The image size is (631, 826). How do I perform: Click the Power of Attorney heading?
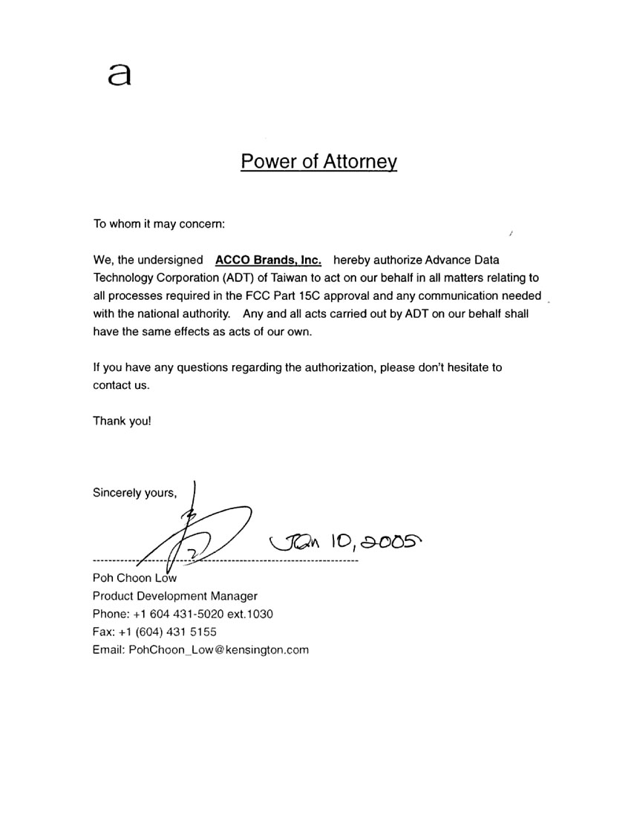[x=318, y=162]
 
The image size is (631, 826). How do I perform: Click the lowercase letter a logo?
[x=120, y=74]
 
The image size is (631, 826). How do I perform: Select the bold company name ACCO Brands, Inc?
[x=268, y=260]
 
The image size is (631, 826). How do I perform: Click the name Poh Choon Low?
[x=134, y=578]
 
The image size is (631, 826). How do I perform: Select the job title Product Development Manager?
[x=175, y=596]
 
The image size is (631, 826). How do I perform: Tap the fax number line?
[x=154, y=632]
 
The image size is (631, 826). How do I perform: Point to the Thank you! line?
[x=122, y=421]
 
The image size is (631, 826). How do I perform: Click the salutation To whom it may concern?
[x=158, y=223]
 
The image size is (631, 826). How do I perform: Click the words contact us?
[x=121, y=385]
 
